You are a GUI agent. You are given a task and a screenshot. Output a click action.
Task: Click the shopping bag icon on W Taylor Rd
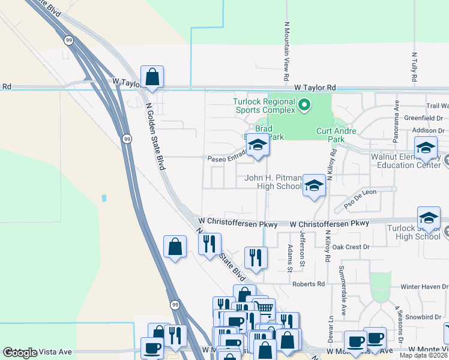coord(152,77)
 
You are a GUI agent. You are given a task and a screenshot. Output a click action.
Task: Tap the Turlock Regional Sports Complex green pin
coord(304,106)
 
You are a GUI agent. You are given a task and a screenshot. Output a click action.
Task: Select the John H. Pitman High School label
coord(273,182)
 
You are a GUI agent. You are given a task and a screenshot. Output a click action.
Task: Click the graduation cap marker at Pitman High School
coord(313,185)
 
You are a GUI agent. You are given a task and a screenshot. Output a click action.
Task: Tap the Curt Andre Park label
coord(336,135)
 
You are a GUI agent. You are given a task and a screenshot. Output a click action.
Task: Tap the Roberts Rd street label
coord(309,284)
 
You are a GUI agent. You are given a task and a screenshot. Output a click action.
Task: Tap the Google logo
coord(20,353)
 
